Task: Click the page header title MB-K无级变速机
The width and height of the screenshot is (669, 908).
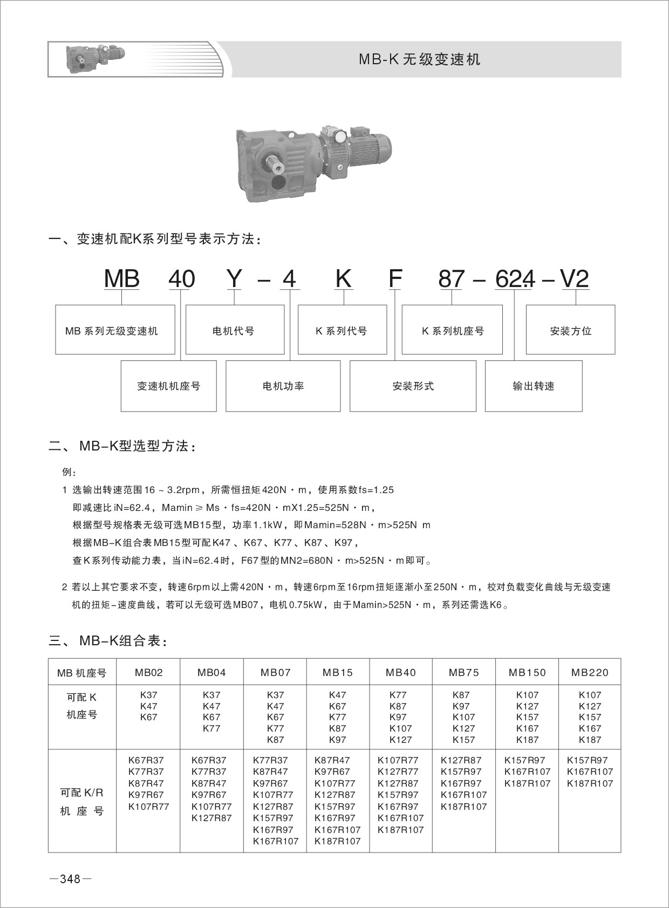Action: click(419, 59)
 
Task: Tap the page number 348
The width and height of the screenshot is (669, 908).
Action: click(70, 879)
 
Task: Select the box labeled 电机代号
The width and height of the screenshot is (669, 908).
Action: click(234, 330)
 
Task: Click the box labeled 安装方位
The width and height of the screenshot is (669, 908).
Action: click(570, 330)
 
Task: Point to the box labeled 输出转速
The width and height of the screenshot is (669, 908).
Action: click(533, 386)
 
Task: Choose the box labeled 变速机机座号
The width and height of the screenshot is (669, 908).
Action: click(168, 386)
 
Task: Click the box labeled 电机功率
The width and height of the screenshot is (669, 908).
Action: click(283, 386)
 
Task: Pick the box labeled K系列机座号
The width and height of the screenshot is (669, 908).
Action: click(452, 330)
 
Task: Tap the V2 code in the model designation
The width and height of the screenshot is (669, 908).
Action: click(575, 279)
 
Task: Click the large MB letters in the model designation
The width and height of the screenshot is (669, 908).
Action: click(122, 279)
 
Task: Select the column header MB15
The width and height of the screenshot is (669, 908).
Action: click(338, 672)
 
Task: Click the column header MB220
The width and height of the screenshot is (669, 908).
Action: click(590, 672)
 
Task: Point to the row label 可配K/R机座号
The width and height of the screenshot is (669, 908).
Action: click(82, 802)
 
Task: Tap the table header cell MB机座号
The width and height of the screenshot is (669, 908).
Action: click(82, 673)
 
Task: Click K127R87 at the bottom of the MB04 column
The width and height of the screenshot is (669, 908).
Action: click(211, 818)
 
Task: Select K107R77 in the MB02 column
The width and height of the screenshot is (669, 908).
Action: click(149, 807)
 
